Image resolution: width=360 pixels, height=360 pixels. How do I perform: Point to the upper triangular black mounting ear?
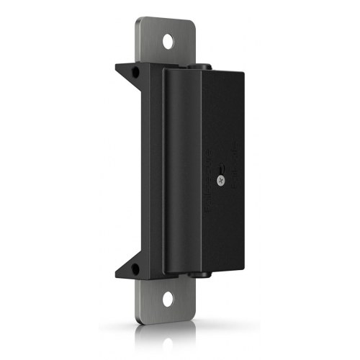coord(130,71)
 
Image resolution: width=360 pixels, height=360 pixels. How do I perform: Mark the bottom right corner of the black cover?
coord(246,267)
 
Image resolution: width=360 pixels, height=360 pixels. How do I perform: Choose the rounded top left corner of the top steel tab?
coord(140,22)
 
